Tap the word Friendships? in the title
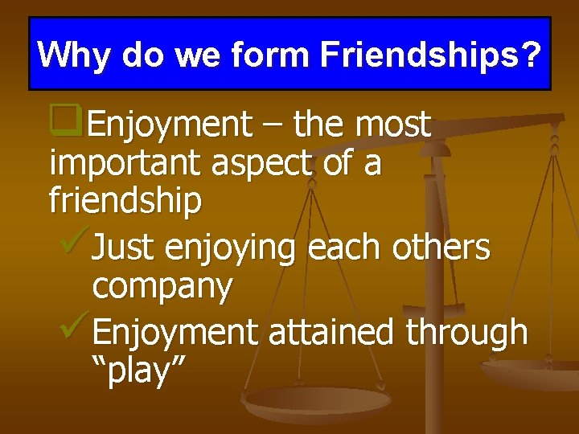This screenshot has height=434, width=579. (x=431, y=55)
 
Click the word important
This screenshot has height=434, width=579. (x=125, y=164)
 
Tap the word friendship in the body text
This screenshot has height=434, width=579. (x=125, y=201)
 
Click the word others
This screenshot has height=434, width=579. (x=441, y=247)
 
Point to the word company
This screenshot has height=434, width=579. (x=163, y=288)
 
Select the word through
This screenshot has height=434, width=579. (x=467, y=332)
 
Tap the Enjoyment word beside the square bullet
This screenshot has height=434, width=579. (x=170, y=125)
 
